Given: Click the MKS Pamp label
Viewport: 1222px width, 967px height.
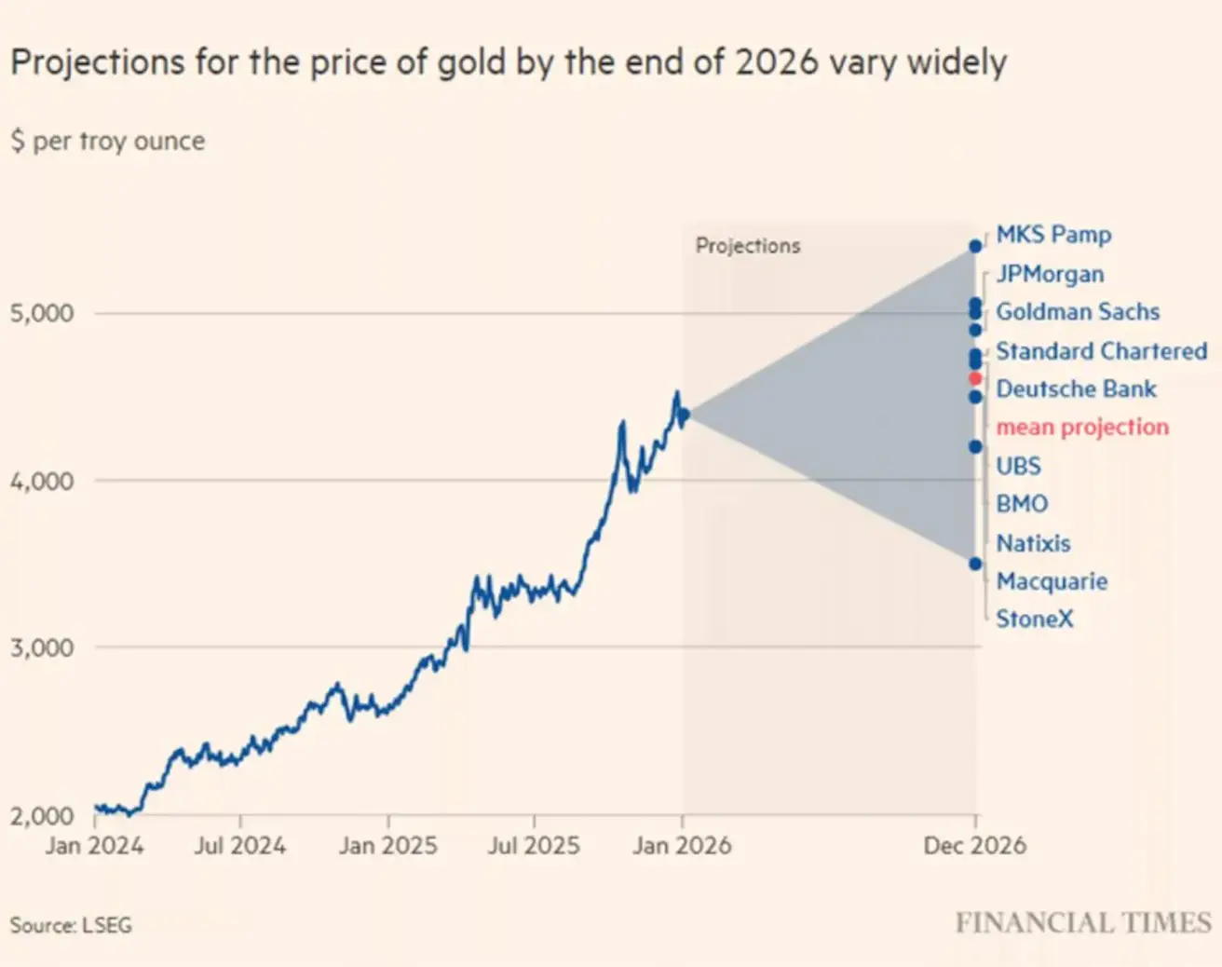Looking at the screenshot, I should pos(1053,235).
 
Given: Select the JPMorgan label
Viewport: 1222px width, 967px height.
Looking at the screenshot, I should pos(1050,274).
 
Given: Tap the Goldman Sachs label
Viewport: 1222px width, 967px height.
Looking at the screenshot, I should pos(1078,312).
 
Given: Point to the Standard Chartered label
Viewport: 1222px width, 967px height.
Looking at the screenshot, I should pos(1101,351).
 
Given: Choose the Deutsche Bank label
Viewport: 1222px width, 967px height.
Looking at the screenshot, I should pos(1076,388).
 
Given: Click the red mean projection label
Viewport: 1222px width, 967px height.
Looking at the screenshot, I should pos(1082,427).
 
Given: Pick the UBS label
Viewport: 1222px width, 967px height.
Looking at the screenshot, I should pos(1018,466).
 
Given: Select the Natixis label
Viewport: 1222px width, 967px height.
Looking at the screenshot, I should pos(1033,543).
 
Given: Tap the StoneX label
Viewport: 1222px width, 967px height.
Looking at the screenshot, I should pos(1034,619).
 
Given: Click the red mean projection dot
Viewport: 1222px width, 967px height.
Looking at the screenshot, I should pos(975,378).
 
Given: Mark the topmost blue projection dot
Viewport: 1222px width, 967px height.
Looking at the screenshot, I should pos(975,246).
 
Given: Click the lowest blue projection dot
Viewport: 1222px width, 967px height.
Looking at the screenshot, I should pos(975,564).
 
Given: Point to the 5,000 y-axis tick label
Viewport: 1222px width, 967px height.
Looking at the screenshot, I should pos(42,313).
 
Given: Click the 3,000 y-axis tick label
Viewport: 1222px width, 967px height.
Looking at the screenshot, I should pos(42,647).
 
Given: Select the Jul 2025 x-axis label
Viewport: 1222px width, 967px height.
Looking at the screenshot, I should pos(534,846).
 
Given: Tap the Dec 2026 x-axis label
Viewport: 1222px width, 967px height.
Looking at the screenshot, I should pos(974,846).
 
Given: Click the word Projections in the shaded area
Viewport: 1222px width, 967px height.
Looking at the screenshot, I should pos(748,246).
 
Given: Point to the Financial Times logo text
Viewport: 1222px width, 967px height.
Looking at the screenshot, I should pos(1083,923).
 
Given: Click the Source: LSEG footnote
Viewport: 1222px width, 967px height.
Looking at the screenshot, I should pos(71,925).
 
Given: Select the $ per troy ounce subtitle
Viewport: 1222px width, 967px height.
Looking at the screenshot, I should pos(108,142).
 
